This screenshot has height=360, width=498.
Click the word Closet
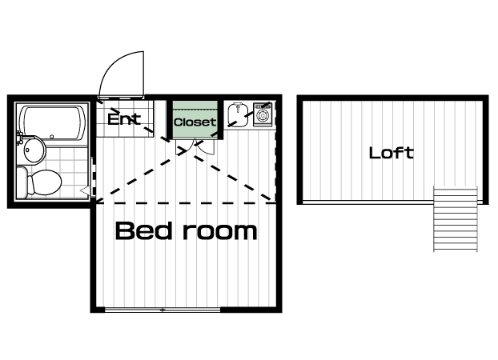point(195,122)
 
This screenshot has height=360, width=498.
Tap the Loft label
point(392,153)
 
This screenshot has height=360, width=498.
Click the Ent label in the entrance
point(124,118)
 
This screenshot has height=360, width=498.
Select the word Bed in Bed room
point(144,230)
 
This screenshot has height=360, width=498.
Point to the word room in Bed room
point(220,231)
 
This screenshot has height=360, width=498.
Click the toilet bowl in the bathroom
point(46,182)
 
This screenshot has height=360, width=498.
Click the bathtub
point(52,122)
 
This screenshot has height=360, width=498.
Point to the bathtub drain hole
point(52,137)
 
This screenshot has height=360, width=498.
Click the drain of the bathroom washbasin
point(28,150)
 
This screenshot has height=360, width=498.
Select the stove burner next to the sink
point(263,114)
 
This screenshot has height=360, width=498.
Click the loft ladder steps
point(456,219)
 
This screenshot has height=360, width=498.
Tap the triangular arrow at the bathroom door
point(85,190)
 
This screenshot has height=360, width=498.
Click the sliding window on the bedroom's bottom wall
point(163,310)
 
